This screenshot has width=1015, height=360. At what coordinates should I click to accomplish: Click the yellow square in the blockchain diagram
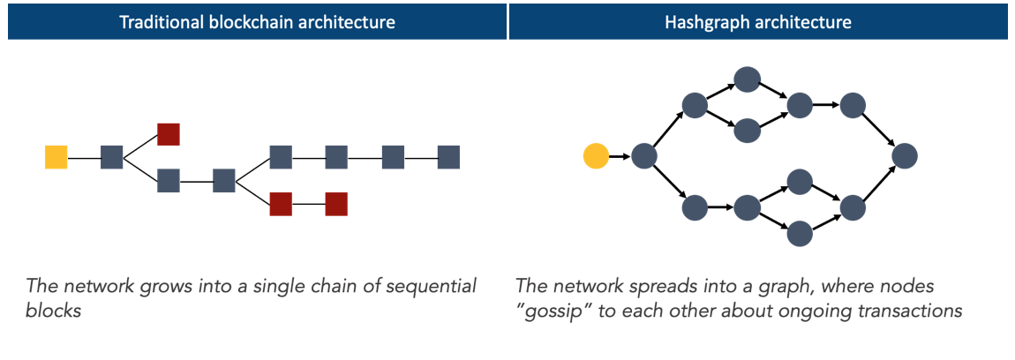pyautogui.click(x=56, y=157)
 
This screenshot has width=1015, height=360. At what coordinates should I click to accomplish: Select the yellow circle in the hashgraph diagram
pyautogui.click(x=596, y=157)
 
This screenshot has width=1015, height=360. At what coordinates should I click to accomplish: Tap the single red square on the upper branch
pyautogui.click(x=169, y=134)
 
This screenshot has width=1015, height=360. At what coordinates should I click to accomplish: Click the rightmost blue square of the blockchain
pyautogui.click(x=449, y=157)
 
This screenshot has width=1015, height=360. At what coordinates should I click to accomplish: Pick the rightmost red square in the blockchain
pyautogui.click(x=336, y=204)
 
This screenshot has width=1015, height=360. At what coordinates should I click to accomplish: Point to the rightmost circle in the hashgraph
pyautogui.click(x=905, y=156)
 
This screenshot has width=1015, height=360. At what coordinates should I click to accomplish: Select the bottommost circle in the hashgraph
pyautogui.click(x=799, y=234)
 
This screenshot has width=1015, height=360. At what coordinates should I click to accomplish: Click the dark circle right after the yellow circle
pyautogui.click(x=643, y=157)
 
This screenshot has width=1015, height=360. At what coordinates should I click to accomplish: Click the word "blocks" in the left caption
pyautogui.click(x=54, y=311)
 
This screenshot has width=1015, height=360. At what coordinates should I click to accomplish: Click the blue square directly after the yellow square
pyautogui.click(x=112, y=157)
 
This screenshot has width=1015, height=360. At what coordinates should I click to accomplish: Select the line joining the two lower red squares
pyautogui.click(x=309, y=204)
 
